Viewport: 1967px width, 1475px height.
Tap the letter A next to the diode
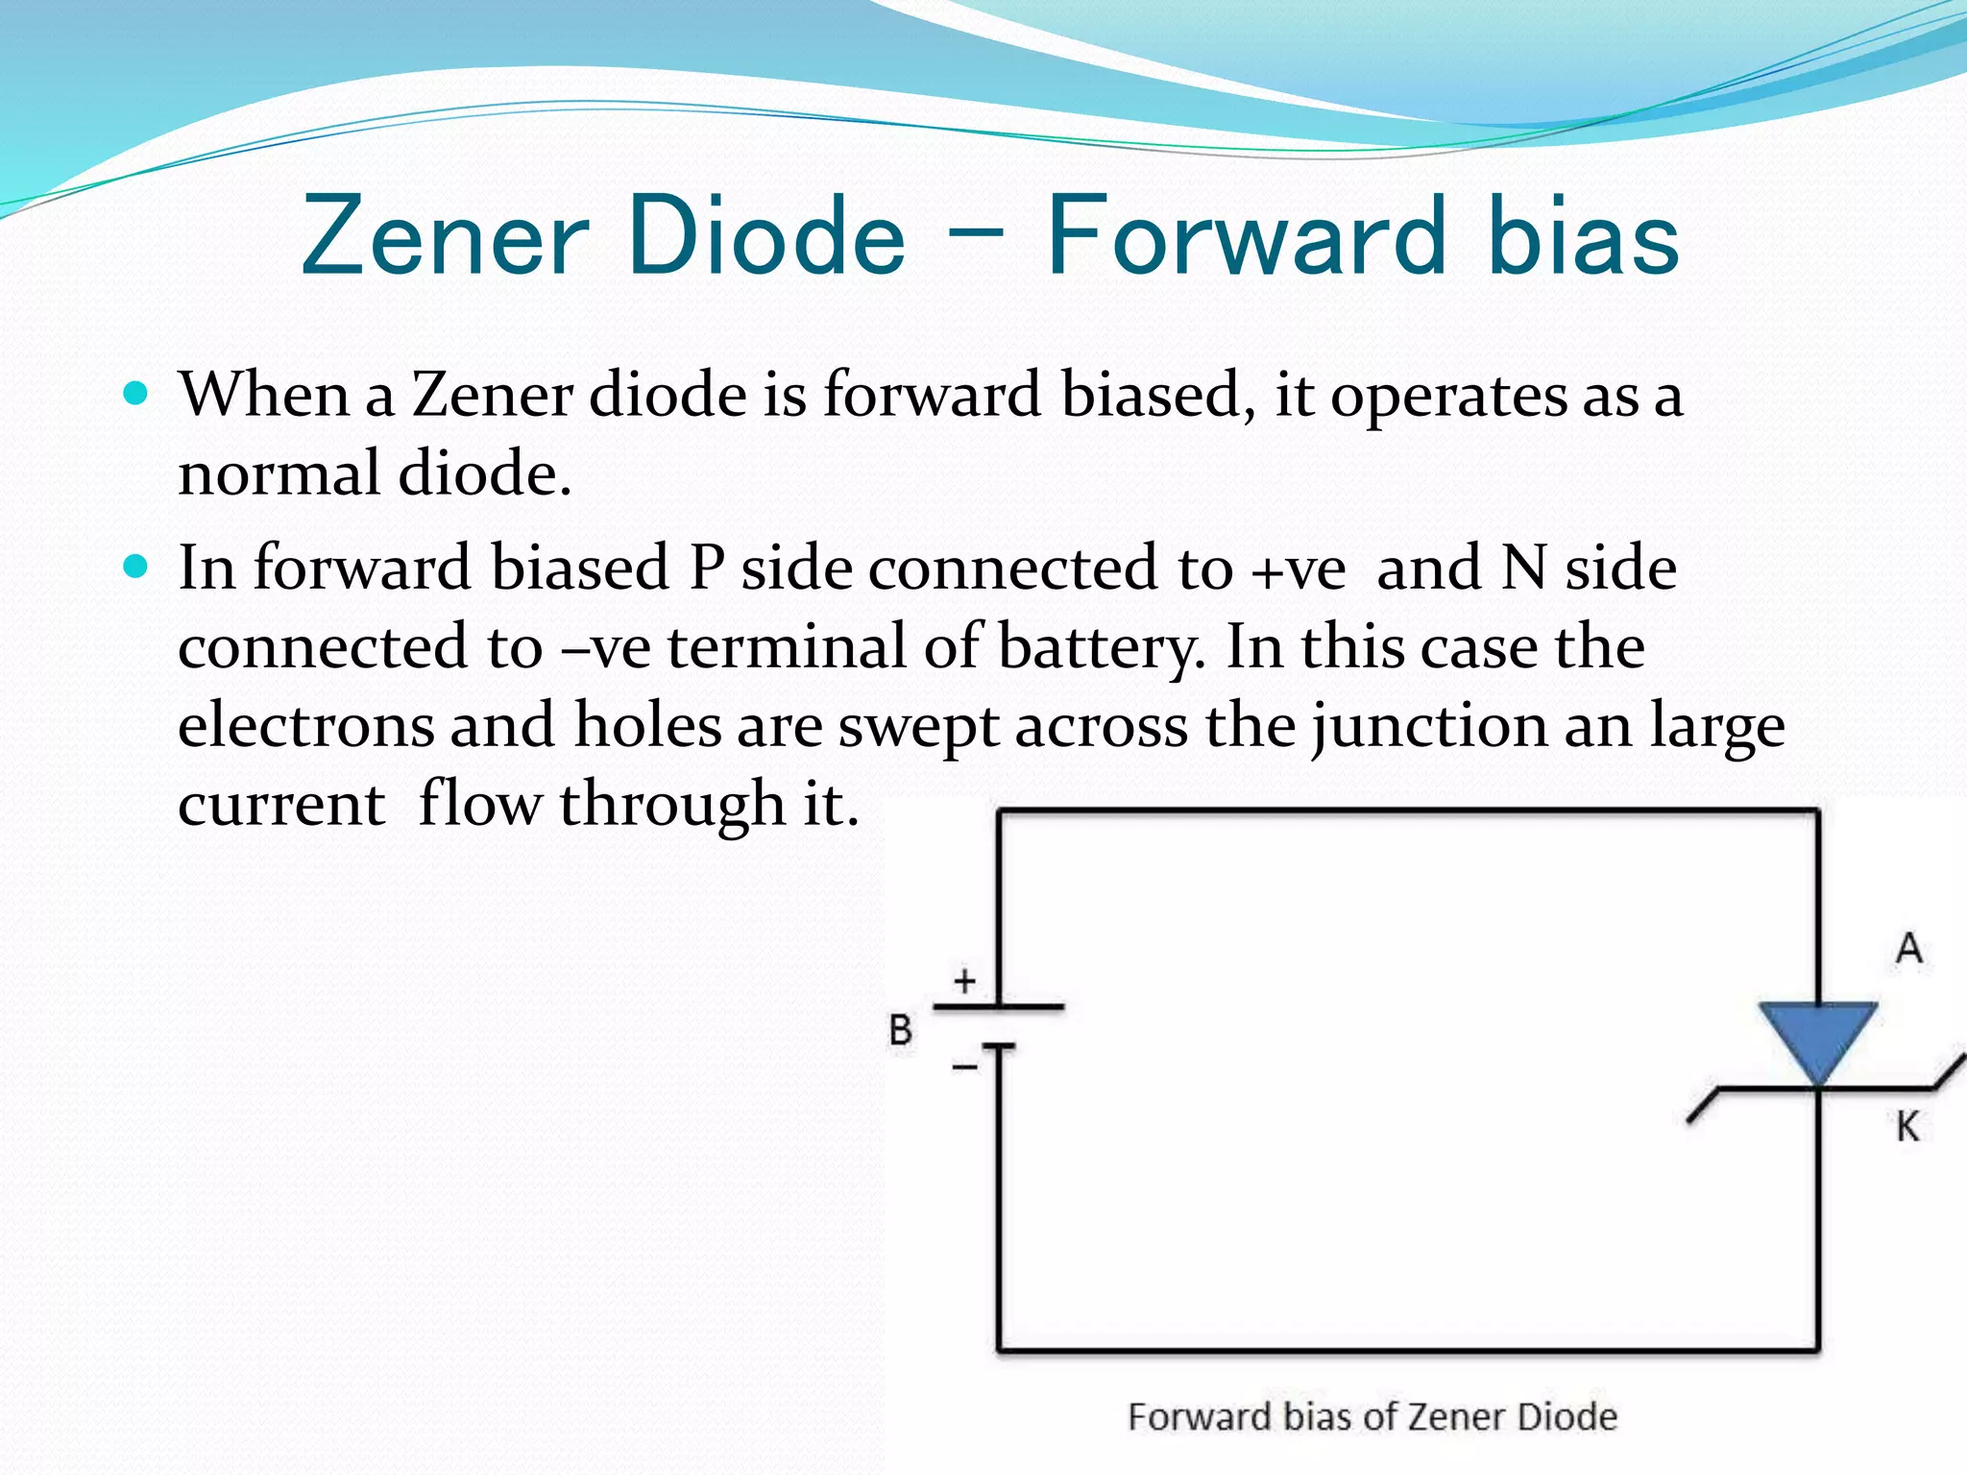coord(1908,949)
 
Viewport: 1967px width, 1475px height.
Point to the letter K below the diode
coord(1907,1125)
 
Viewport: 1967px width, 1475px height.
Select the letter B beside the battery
coord(900,1030)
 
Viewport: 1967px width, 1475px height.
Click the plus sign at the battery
coord(964,980)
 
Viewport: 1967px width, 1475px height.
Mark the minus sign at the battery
coord(964,1066)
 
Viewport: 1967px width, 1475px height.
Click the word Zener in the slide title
coord(444,236)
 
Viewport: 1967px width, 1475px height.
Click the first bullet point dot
coord(137,393)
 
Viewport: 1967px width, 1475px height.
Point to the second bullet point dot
coord(137,567)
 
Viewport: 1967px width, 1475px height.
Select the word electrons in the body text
coord(305,725)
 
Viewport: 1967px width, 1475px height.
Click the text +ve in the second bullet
coord(1299,568)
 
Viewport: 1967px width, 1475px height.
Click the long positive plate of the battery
coord(999,1006)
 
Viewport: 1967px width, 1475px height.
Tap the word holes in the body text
coord(647,725)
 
